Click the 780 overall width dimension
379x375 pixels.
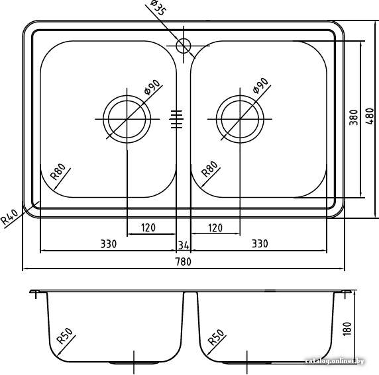tap(184, 262)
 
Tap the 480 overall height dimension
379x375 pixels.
tap(370, 116)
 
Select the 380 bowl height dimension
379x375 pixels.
tap(354, 117)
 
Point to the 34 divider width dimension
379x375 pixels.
tap(184, 245)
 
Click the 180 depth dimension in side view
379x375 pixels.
tap(347, 329)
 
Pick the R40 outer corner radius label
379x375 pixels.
tap(9, 216)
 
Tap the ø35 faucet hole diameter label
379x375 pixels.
tap(158, 8)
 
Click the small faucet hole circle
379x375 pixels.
tap(184, 46)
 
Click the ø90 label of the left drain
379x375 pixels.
tap(152, 87)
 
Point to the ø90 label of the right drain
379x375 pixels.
tap(260, 85)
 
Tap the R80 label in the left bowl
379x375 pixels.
tap(58, 171)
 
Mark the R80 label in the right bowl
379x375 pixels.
tap(209, 169)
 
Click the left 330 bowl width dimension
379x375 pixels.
tap(109, 244)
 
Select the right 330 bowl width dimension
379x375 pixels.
tap(260, 244)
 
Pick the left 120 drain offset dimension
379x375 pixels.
tap(148, 228)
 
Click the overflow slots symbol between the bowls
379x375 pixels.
tap(176, 119)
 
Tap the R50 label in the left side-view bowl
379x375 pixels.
tap(64, 335)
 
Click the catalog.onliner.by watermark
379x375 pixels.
tap(335, 361)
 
